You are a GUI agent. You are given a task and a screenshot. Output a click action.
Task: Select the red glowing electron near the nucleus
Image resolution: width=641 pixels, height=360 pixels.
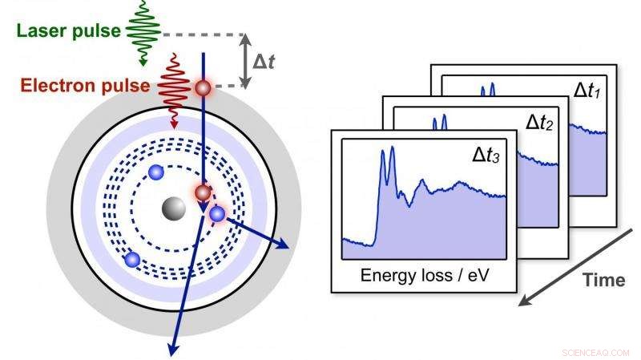click(x=203, y=192)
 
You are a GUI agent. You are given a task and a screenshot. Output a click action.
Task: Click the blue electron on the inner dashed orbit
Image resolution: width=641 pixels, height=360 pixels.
click(x=156, y=172)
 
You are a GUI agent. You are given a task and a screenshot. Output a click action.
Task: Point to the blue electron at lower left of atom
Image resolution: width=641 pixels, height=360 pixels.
click(x=132, y=259)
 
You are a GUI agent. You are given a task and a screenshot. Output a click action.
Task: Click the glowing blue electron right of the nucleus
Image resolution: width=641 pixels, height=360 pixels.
click(x=217, y=213)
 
